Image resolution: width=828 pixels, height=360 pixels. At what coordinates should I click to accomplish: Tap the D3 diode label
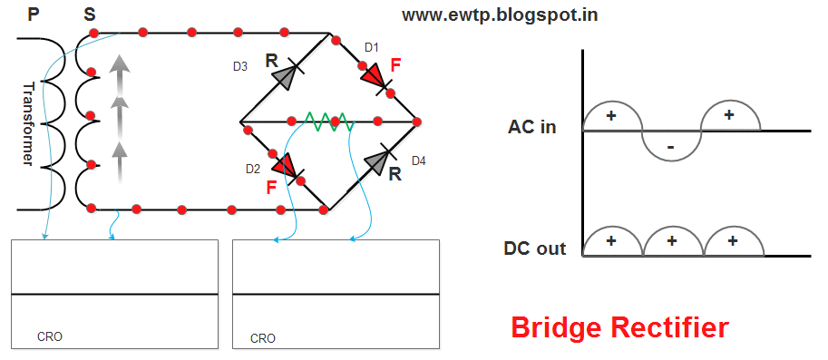(239, 66)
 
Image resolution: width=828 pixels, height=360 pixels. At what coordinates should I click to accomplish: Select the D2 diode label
(253, 169)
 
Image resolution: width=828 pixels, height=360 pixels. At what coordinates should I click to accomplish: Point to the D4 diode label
(418, 161)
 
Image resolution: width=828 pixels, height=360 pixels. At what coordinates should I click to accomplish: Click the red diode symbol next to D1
(375, 78)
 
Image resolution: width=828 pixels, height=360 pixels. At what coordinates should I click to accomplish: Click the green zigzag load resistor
(327, 122)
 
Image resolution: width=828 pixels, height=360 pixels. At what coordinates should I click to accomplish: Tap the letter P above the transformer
(34, 15)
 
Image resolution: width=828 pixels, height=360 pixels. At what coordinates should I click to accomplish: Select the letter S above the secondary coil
(88, 15)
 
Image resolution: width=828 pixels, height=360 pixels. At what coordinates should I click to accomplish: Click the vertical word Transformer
(29, 124)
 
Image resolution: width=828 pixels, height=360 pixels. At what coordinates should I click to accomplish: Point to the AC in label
(532, 127)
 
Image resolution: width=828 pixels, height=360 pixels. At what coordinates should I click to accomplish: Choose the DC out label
(535, 248)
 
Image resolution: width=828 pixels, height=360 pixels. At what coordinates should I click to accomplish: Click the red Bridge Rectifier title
(619, 327)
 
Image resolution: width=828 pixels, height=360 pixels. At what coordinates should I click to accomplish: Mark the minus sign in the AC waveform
(670, 146)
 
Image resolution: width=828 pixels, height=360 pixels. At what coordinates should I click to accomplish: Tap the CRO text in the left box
(50, 336)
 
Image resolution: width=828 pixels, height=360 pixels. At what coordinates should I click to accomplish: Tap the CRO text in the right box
(262, 338)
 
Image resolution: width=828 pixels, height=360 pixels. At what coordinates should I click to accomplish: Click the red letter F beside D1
(395, 65)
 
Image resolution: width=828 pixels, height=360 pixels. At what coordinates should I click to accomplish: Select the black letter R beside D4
(395, 174)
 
